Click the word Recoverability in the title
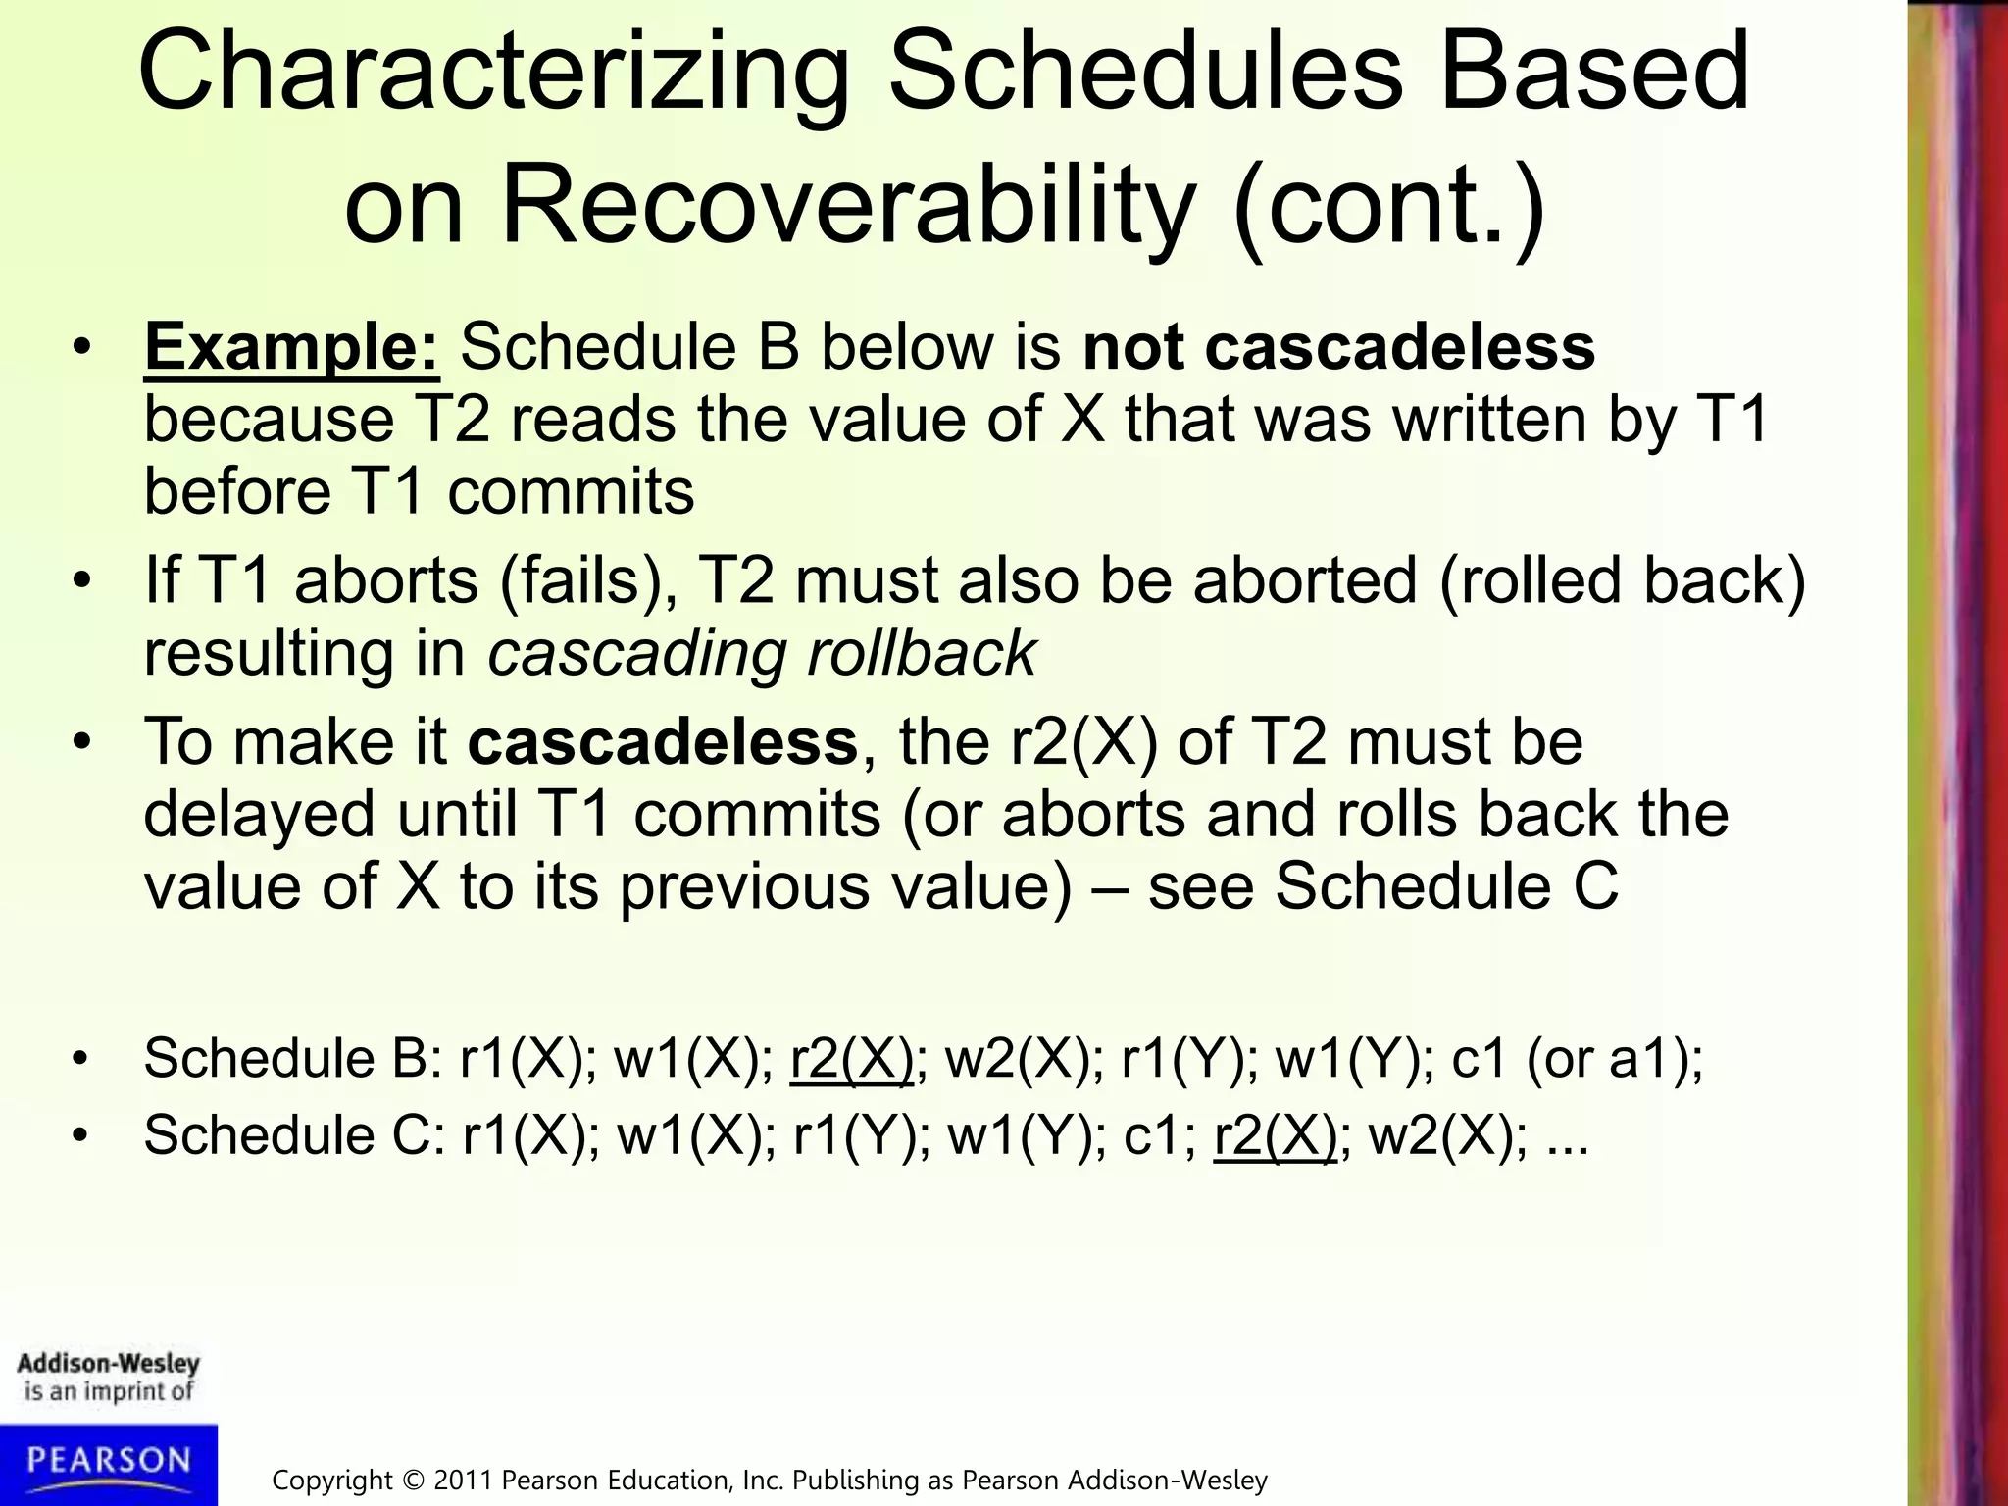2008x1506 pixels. click(x=849, y=207)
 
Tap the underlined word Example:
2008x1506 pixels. click(x=291, y=347)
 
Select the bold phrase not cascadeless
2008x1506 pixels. click(x=1338, y=347)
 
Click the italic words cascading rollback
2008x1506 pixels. click(x=762, y=653)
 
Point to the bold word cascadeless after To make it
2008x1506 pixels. click(x=663, y=741)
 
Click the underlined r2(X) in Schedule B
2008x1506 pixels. click(x=851, y=1059)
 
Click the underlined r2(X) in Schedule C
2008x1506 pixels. click(x=1275, y=1136)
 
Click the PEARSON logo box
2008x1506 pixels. click(x=108, y=1463)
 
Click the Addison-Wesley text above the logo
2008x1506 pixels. click(x=108, y=1364)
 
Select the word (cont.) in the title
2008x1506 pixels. click(x=1388, y=207)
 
